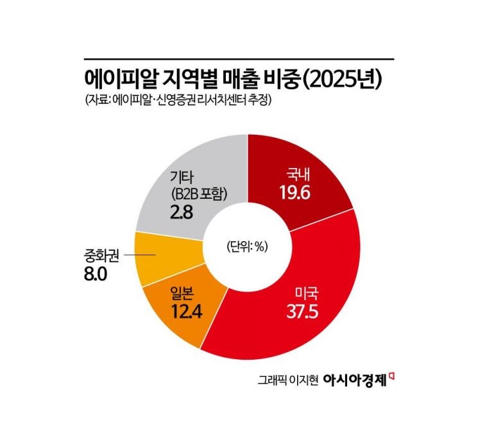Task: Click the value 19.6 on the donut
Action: click(296, 192)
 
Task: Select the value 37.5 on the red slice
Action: click(303, 314)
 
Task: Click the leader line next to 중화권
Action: click(141, 255)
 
